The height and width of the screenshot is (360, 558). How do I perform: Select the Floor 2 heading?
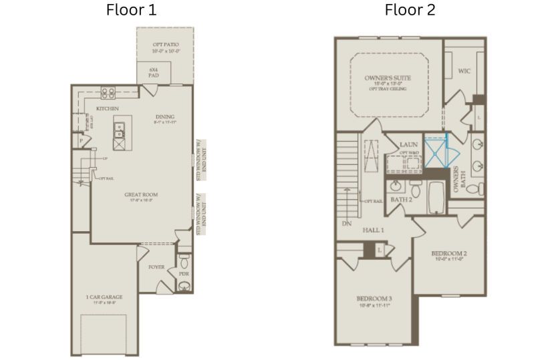tap(410, 10)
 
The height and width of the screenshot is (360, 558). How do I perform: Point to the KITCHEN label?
tap(108, 108)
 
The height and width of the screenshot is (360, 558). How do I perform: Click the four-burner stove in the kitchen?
tap(107, 93)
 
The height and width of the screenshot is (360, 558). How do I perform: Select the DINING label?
tap(164, 117)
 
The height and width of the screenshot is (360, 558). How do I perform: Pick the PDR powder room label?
tap(184, 273)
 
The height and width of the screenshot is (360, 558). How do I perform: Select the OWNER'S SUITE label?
tap(388, 78)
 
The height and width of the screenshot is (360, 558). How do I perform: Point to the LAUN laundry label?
tap(408, 144)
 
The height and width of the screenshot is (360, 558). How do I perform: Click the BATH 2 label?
tap(400, 199)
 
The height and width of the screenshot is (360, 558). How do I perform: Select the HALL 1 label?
tap(373, 230)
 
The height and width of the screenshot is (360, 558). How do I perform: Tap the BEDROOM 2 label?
tap(448, 254)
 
